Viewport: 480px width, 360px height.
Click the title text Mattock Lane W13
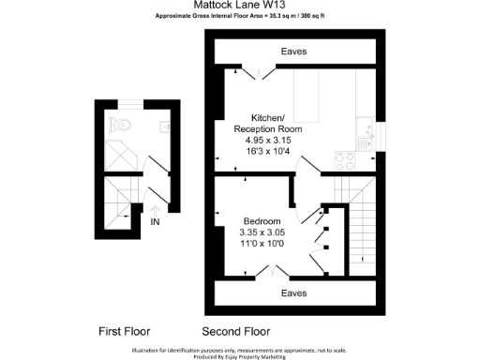coord(240,5)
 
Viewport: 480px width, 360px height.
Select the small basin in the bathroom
coord(164,126)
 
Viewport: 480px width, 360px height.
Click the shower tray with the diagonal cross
coord(119,155)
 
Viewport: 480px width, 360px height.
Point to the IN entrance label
coord(156,222)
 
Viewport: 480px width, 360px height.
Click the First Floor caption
coord(124,331)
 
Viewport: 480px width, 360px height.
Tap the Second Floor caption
coord(236,331)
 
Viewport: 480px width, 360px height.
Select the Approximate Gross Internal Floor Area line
coord(240,17)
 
